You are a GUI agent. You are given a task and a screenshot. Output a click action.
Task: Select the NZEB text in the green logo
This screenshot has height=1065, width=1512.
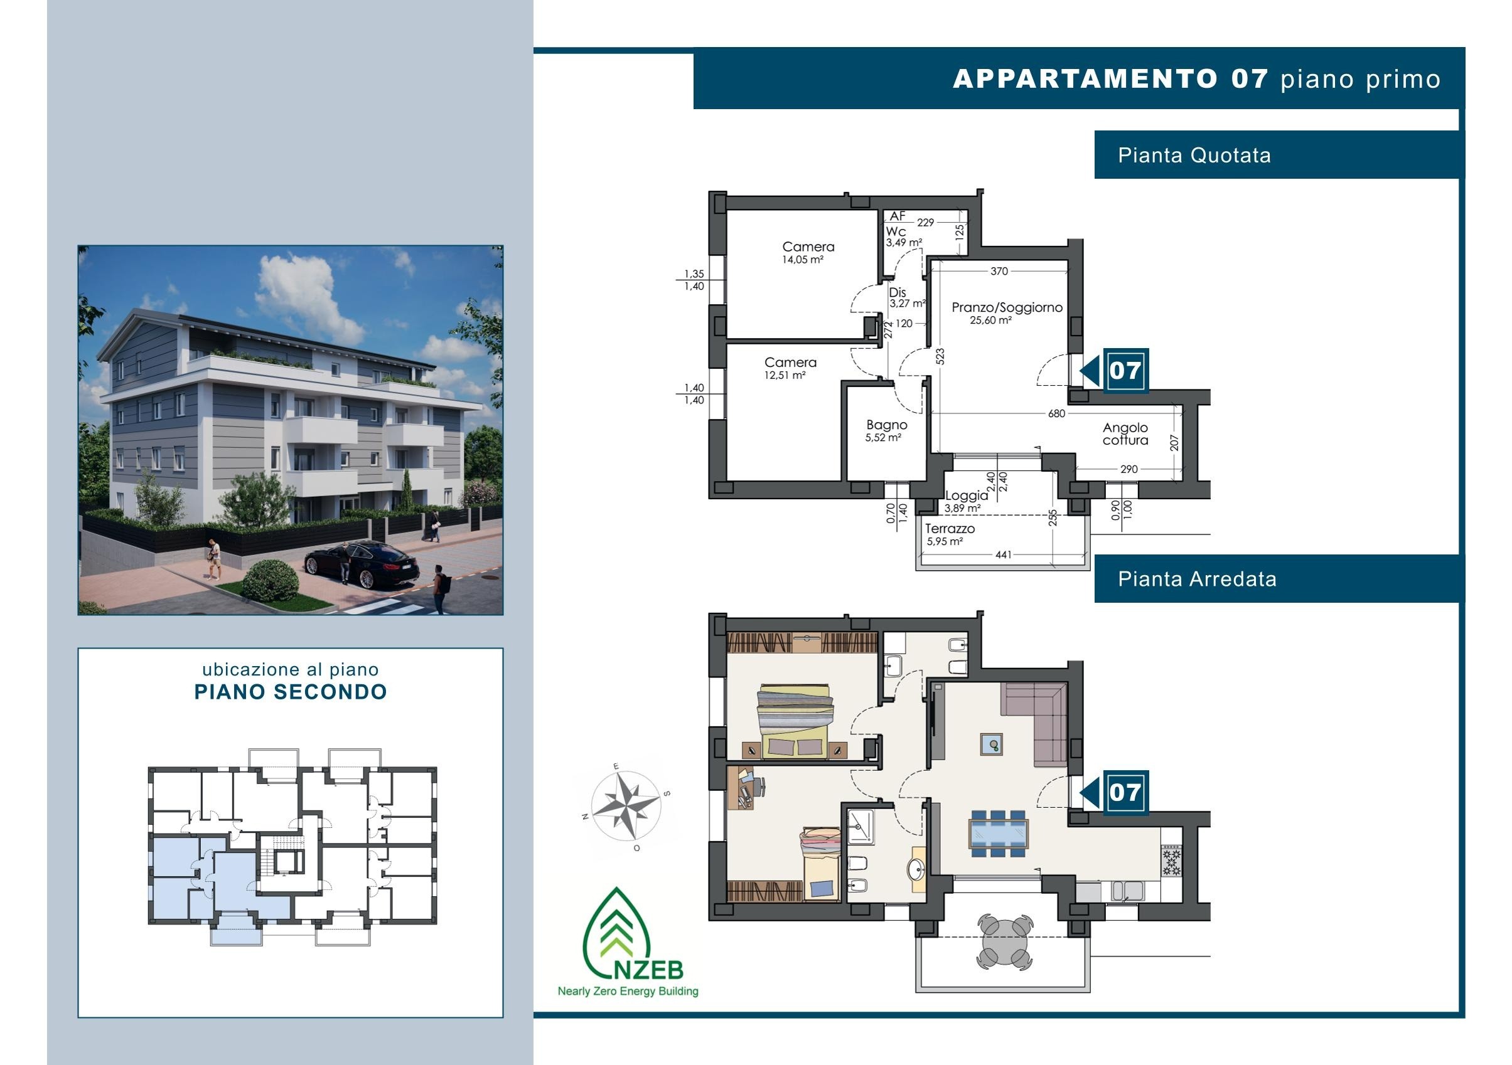(x=650, y=969)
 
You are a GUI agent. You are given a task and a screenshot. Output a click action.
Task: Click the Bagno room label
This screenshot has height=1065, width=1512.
(x=886, y=425)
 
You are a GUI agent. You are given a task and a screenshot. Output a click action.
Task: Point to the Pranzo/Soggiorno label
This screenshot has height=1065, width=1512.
(x=1007, y=307)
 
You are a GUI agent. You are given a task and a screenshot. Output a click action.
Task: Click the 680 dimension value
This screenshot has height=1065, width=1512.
(x=1056, y=413)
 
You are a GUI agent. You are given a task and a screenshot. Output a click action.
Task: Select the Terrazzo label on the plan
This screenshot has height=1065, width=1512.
(x=950, y=529)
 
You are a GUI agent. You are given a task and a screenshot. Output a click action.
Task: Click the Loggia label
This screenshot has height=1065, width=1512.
(x=967, y=495)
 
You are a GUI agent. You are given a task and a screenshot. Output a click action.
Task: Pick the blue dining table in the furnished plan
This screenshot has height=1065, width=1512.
(x=999, y=834)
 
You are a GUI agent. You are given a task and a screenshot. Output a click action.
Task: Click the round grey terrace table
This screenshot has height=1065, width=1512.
(x=1004, y=942)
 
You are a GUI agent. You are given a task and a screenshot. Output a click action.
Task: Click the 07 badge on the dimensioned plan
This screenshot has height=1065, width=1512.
(x=1125, y=371)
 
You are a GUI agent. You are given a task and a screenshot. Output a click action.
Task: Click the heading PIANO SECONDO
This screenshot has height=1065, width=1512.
(x=291, y=692)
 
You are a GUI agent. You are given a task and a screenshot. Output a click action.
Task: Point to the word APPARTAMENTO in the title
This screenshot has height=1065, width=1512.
(x=1085, y=79)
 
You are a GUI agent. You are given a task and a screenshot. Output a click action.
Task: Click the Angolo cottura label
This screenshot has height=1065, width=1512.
(x=1125, y=434)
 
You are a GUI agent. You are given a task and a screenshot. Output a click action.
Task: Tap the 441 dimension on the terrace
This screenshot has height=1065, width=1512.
(x=1003, y=555)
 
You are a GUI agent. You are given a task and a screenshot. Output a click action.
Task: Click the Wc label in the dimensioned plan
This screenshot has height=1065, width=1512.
(x=896, y=231)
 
